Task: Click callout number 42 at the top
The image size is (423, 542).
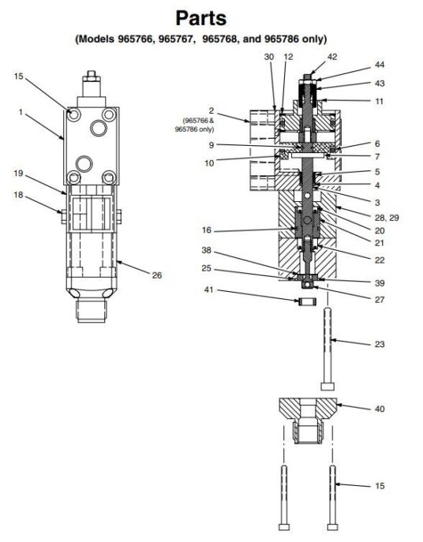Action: pos(310,57)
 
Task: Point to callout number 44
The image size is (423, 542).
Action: pos(380,64)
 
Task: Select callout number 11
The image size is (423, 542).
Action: pos(379,101)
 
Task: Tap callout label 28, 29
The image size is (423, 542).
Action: pos(388,216)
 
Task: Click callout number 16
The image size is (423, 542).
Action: pos(208,230)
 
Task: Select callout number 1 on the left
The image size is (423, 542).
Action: pos(21,113)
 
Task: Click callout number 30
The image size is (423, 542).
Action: pos(269,57)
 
